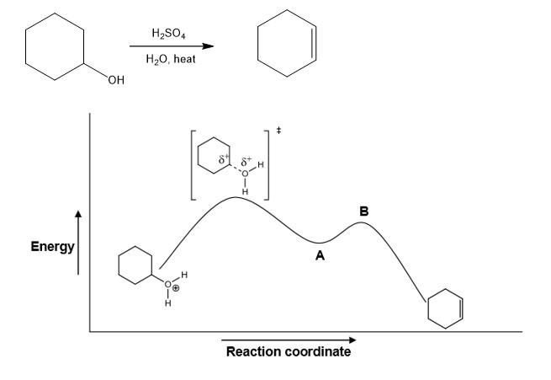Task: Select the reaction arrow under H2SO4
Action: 172,46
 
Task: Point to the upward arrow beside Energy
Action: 80,244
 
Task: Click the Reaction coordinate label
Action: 289,351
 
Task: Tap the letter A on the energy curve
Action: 320,257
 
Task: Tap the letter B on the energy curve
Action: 363,211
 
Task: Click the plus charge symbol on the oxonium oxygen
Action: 177,287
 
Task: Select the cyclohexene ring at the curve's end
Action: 445,308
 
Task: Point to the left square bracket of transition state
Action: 193,164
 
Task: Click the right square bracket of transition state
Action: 267,164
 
